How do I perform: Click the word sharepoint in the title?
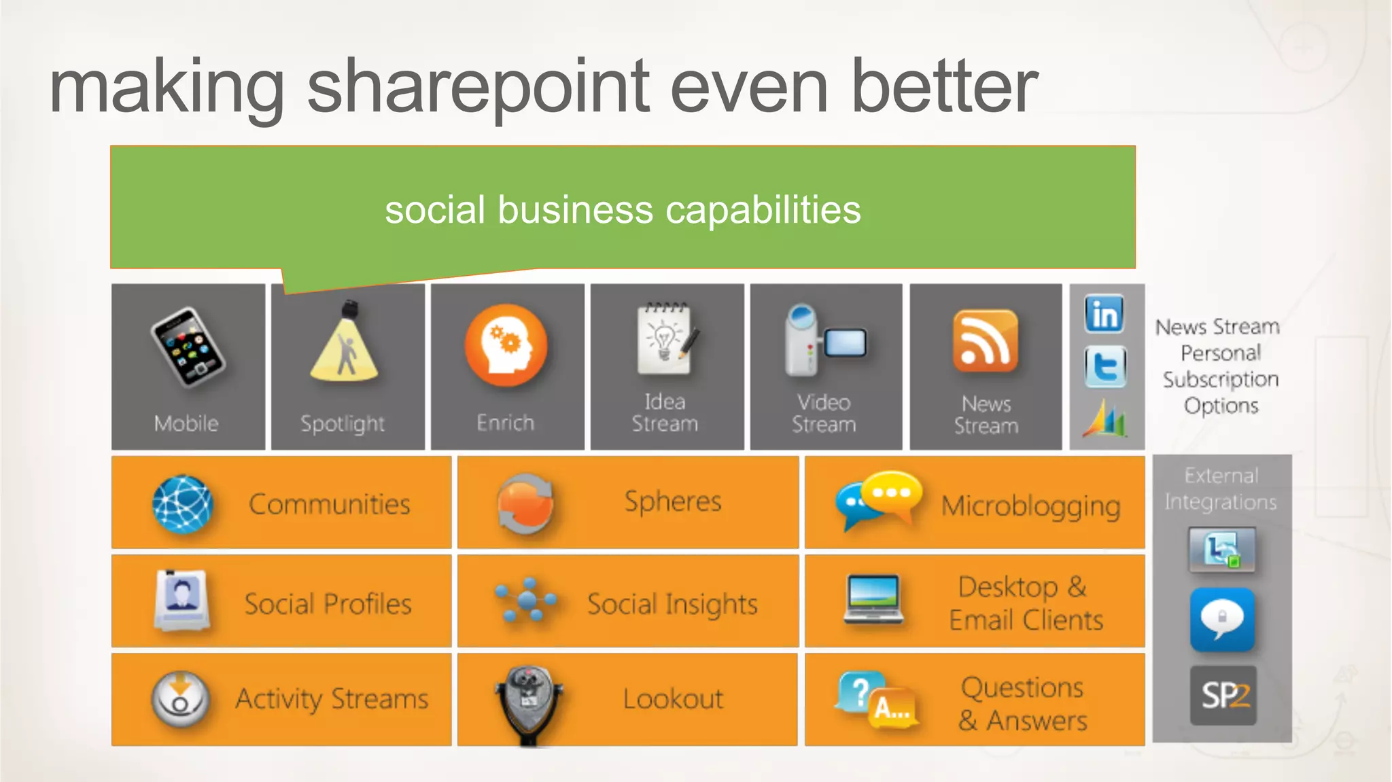coord(478,88)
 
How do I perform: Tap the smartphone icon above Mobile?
coord(188,347)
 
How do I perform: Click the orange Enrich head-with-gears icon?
coord(506,345)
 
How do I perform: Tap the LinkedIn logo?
coord(1104,314)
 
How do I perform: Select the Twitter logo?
coord(1105,367)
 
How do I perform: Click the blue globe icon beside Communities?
coord(182,504)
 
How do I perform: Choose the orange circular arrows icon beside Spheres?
coord(525,503)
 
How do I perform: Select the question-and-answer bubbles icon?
coord(875,700)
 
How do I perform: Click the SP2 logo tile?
coord(1223,696)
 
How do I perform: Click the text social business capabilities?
coord(623,209)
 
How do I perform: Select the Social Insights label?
coord(672,603)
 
